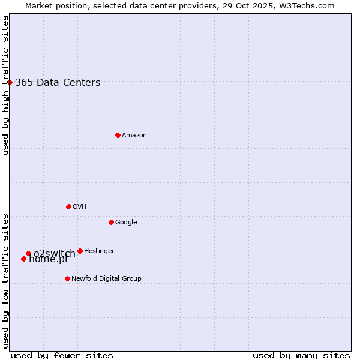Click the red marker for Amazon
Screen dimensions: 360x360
click(118, 135)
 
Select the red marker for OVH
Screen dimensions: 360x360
click(68, 206)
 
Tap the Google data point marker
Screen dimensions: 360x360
click(111, 222)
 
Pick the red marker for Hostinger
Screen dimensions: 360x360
click(80, 251)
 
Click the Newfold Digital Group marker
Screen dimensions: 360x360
click(67, 278)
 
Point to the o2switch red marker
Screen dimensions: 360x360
click(28, 253)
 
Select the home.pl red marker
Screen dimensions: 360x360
click(23, 259)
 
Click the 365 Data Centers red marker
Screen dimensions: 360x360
click(10, 82)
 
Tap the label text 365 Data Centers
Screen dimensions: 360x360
click(58, 83)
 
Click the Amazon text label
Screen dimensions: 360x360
click(134, 136)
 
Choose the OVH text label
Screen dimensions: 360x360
click(80, 207)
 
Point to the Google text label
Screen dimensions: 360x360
click(126, 223)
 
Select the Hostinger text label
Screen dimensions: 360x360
click(99, 251)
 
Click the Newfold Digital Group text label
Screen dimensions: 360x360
click(106, 279)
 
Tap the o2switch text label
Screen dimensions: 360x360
click(55, 253)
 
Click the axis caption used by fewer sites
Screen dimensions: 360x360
click(62, 355)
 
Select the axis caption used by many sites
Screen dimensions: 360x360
click(301, 355)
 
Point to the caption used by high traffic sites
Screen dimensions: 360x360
click(5, 85)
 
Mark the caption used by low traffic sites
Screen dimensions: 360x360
click(5, 281)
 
